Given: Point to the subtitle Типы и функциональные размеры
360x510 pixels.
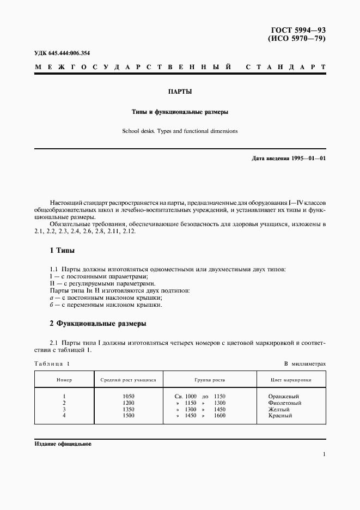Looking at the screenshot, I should pyautogui.click(x=180, y=112).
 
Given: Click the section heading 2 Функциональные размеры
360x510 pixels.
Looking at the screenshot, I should pyautogui.click(x=97, y=323).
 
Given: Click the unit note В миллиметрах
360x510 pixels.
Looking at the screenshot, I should pyautogui.click(x=304, y=363).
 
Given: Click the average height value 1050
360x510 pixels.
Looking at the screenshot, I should pyautogui.click(x=129, y=396).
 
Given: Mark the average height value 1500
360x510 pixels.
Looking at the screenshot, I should pyautogui.click(x=129, y=416).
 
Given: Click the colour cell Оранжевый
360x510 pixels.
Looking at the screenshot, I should pyautogui.click(x=284, y=396).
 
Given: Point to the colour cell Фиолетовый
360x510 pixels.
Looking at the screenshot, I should pyautogui.click(x=285, y=403).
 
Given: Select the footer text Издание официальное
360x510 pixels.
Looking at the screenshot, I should pyautogui.click(x=62, y=444).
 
